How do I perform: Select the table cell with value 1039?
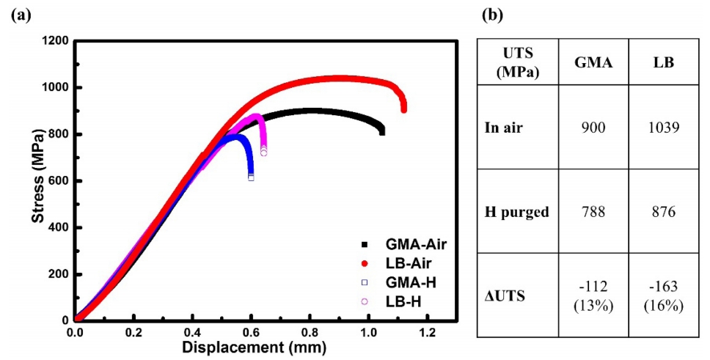665,127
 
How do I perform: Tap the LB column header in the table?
665,63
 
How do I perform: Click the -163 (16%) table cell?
665,295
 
